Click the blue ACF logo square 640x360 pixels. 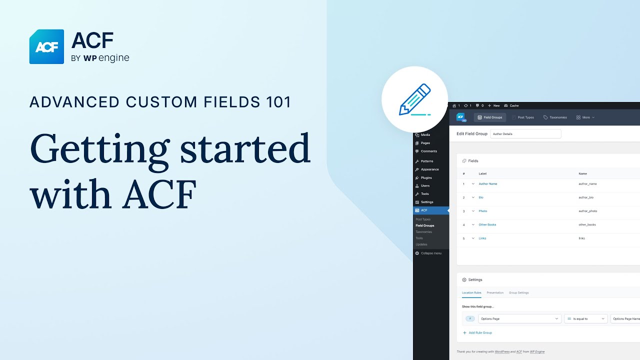point(46,46)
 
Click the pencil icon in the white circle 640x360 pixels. point(414,99)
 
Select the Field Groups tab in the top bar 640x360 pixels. point(490,117)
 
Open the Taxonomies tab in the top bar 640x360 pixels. point(555,117)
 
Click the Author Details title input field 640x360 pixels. point(525,134)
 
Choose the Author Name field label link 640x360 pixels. point(487,184)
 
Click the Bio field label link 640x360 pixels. point(481,197)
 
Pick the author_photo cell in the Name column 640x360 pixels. point(587,211)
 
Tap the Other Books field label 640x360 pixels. point(487,224)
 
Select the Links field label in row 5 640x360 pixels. point(482,238)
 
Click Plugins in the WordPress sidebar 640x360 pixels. point(426,177)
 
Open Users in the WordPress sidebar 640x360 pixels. point(425,185)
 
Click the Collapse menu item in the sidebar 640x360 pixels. point(430,253)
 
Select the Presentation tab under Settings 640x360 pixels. point(495,292)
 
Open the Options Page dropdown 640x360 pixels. point(519,318)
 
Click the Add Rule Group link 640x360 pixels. point(479,332)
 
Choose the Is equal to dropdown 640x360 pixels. point(585,318)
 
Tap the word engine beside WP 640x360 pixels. point(113,58)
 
